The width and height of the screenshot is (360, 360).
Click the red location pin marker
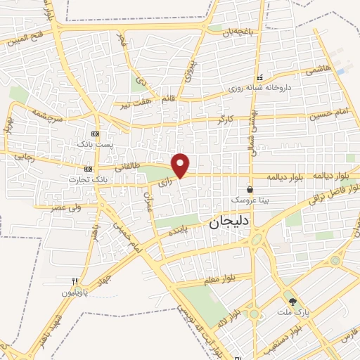(x=181, y=165)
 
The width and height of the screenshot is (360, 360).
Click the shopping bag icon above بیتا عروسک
(x=250, y=189)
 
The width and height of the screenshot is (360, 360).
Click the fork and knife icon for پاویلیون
(x=83, y=280)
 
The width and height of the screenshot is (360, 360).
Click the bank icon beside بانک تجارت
(x=88, y=169)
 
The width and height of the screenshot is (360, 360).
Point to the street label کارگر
(x=224, y=119)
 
